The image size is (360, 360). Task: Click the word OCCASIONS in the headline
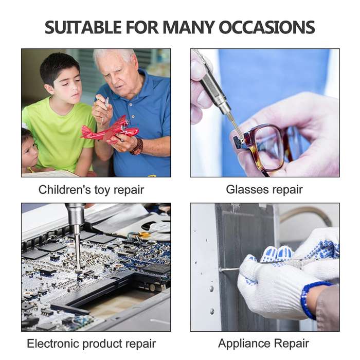(x=267, y=27)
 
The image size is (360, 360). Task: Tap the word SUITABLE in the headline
(x=83, y=27)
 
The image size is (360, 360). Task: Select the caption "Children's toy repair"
(x=91, y=190)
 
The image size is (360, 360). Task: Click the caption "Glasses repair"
(x=264, y=190)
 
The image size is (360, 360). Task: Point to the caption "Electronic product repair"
(x=92, y=344)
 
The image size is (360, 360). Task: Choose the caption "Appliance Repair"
(x=263, y=344)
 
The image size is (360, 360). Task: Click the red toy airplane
(x=110, y=130)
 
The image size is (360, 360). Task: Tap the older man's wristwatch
(x=137, y=147)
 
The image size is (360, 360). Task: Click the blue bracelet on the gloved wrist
(x=310, y=298)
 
